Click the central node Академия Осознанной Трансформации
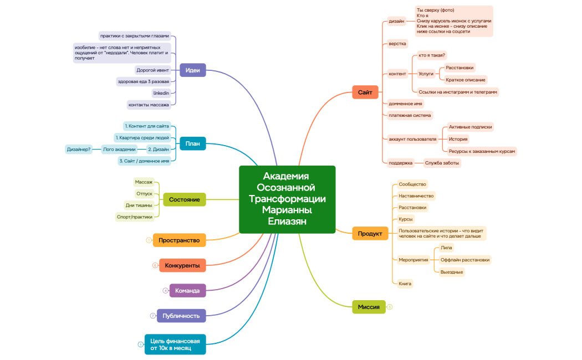pos(287,199)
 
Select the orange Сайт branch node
pos(365,92)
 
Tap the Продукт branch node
pos(370,233)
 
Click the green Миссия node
pos(369,306)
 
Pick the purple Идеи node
pos(192,70)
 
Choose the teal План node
pos(192,143)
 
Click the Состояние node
pos(184,199)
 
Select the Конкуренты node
pos(182,265)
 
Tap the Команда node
pos(187,290)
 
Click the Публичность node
pos(181,316)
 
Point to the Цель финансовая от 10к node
pos(175,344)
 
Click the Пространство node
pos(179,240)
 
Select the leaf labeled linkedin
pos(161,93)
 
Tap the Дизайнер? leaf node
pos(79,149)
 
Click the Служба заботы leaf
pos(442,163)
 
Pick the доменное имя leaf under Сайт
pos(406,104)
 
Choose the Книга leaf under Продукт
pos(405,284)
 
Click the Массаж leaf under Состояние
pos(144,182)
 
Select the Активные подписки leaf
pos(470,127)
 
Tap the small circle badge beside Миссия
pos(390,306)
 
